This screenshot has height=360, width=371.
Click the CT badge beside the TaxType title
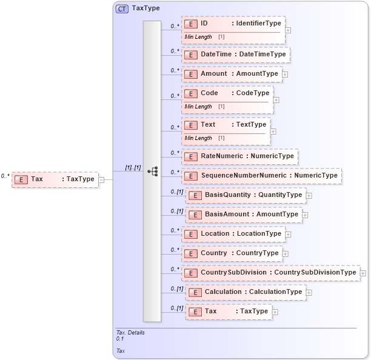(x=122, y=9)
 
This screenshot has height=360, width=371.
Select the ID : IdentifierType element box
(x=233, y=24)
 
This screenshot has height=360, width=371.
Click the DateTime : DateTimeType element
(x=236, y=55)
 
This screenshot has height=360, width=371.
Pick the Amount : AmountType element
(x=231, y=74)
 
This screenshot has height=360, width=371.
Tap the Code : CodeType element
(x=227, y=93)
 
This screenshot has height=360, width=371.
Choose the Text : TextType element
(x=226, y=125)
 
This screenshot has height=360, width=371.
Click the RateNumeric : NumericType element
(x=239, y=156)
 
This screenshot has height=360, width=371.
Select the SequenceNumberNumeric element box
(x=261, y=176)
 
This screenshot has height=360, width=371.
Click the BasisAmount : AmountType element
(x=244, y=215)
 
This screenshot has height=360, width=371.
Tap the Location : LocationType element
(x=233, y=234)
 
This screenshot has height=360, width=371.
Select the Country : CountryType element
(x=232, y=253)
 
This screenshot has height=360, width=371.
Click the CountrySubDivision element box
(x=270, y=273)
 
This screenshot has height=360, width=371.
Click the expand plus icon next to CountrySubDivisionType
(x=363, y=273)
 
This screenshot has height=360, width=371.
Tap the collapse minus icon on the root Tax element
(x=101, y=179)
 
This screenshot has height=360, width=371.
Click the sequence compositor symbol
(x=152, y=172)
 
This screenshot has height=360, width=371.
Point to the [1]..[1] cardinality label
(x=133, y=167)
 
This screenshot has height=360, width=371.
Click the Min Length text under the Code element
(x=198, y=107)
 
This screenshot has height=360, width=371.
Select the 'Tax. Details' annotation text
(x=130, y=332)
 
